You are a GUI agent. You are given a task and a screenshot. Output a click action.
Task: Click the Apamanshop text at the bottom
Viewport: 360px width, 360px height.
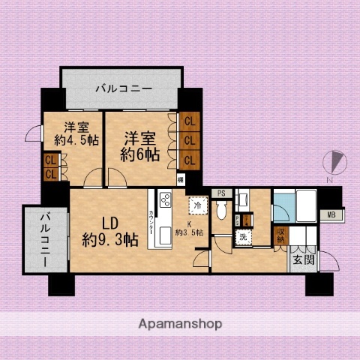[180, 324]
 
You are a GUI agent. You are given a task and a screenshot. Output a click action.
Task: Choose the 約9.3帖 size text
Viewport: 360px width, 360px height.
[109, 240]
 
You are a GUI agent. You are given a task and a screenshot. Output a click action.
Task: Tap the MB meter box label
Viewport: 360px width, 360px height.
[331, 216]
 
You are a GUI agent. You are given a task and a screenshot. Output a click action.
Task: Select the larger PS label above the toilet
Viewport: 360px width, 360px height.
[220, 193]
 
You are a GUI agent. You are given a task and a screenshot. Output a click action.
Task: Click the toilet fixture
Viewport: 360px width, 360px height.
[222, 211]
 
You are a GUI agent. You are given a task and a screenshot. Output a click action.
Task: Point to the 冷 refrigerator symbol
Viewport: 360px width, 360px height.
[197, 205]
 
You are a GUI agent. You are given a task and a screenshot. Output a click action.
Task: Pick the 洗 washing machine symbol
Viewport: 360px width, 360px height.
[242, 237]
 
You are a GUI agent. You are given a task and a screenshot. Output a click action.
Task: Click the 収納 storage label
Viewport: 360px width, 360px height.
[280, 235]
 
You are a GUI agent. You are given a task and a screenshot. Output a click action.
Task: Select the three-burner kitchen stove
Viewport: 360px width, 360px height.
[165, 201]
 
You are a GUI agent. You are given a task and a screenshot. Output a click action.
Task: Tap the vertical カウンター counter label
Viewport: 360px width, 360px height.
[152, 225]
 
